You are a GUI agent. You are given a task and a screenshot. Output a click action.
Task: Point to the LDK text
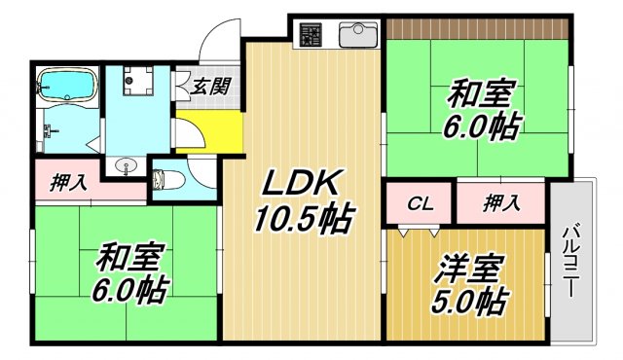[300, 182]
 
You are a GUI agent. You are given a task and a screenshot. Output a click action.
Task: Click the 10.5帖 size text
[303, 217]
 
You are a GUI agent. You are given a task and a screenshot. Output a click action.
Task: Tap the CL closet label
[420, 204]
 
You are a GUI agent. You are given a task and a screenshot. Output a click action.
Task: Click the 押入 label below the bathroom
[68, 183]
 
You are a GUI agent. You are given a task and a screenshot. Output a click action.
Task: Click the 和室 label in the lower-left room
[130, 259]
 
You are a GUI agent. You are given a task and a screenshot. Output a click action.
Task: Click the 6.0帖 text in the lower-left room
[130, 289]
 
